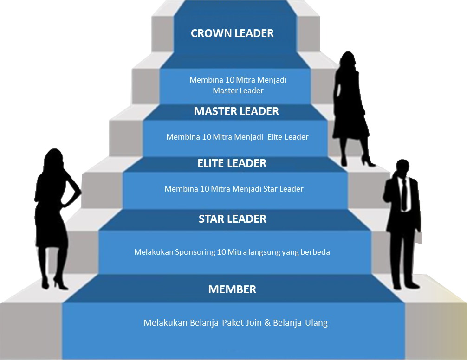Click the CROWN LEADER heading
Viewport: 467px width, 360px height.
(232, 33)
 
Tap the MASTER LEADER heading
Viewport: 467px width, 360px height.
(236, 111)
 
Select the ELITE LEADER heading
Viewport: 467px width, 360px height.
(232, 163)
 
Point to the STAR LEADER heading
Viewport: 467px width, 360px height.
(232, 219)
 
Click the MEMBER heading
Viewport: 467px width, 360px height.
(232, 289)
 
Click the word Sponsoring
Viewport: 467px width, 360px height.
(195, 252)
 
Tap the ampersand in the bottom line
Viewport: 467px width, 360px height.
(267, 323)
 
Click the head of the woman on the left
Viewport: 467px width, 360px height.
(52, 160)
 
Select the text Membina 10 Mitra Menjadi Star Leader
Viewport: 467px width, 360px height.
(233, 189)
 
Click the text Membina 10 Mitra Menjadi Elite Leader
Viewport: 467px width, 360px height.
(237, 137)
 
